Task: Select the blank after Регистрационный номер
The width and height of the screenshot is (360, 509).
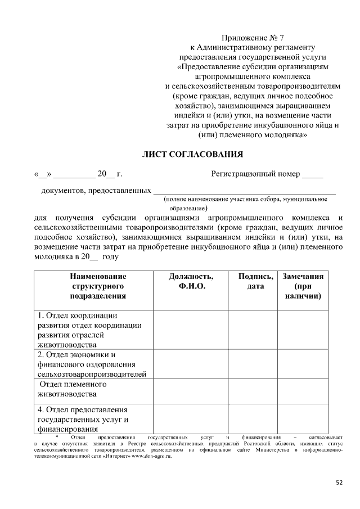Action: pos(313,174)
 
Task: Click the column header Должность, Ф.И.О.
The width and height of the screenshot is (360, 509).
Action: pos(191,281)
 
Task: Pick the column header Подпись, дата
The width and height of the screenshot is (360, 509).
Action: pos(252,281)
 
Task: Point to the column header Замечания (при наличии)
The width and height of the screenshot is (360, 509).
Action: pos(303,286)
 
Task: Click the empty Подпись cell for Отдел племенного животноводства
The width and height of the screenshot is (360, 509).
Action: pos(252,390)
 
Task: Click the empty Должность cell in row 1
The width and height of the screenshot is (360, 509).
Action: pos(191,330)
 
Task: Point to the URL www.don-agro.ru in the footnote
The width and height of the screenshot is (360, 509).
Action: pos(151,457)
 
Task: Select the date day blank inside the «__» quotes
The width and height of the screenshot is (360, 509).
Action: pos(42,174)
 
